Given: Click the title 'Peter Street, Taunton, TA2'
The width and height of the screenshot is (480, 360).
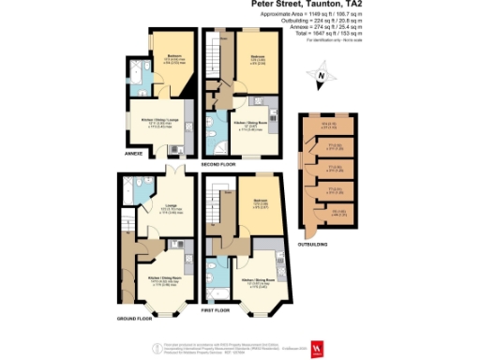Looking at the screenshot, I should pos(313,5).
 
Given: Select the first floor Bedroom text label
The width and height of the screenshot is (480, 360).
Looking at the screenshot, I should pos(262,200).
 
